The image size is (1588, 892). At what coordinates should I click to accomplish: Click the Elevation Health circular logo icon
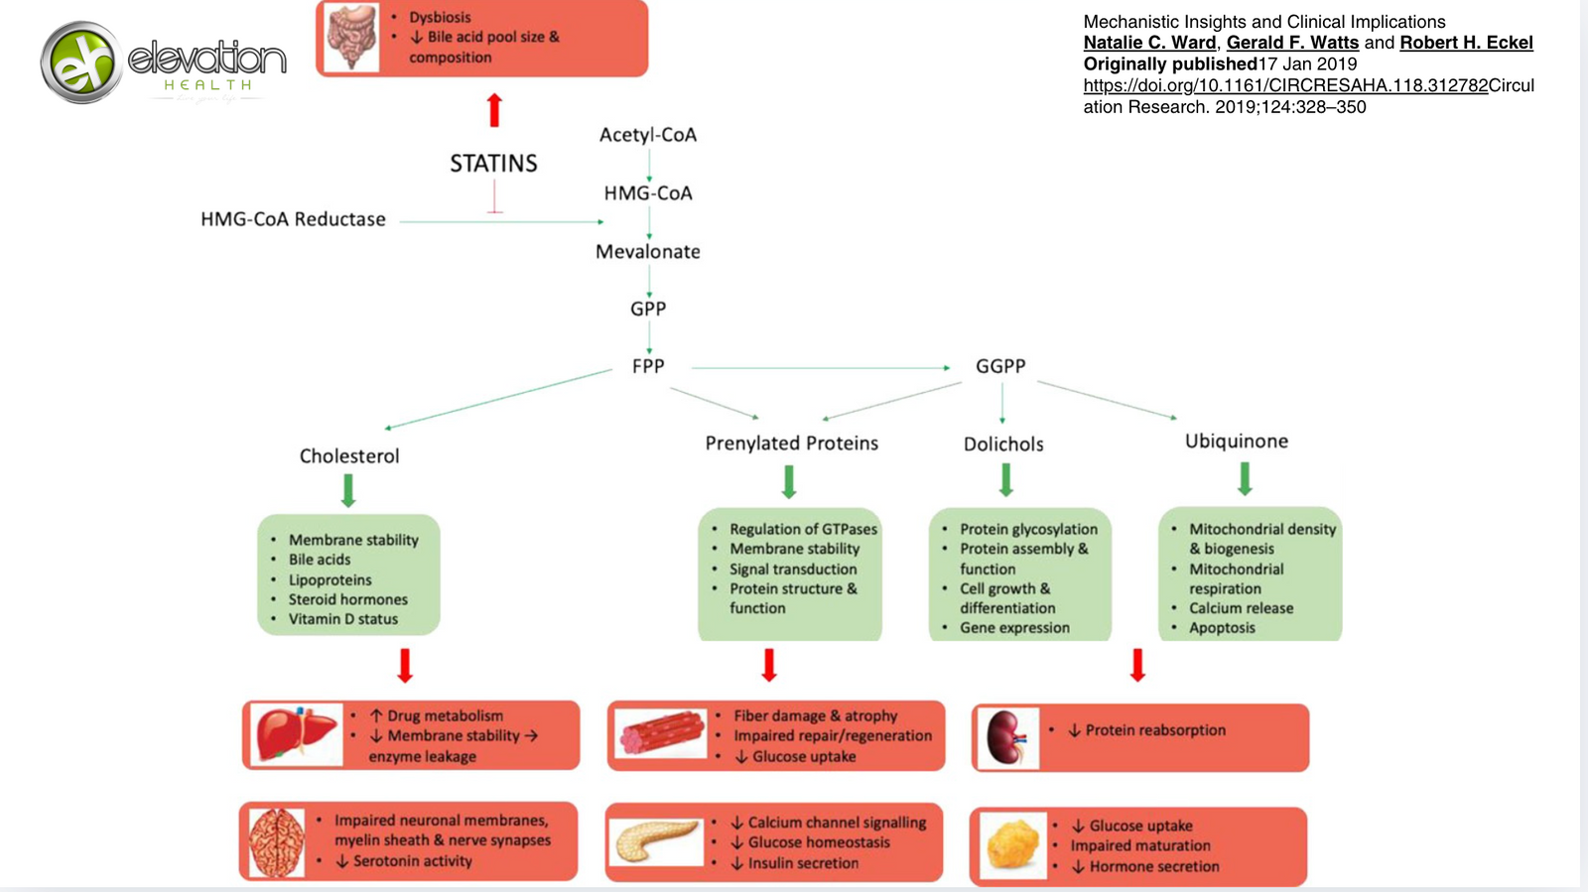tap(82, 63)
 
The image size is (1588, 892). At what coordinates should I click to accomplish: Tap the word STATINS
tap(493, 164)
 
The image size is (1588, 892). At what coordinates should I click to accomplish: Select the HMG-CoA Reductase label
tap(293, 219)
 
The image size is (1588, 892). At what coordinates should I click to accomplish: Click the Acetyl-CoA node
tap(648, 135)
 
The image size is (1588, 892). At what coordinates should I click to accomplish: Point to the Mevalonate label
tap(648, 252)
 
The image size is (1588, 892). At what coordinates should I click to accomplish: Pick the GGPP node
tap(1000, 366)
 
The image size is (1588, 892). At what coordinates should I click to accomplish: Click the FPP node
tap(648, 366)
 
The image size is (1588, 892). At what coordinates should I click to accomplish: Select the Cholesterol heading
tap(349, 456)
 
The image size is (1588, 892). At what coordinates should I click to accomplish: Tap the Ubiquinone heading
tap(1237, 442)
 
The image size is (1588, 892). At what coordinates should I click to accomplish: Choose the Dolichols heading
tap(1003, 445)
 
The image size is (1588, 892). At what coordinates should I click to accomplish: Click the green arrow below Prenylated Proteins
tap(789, 481)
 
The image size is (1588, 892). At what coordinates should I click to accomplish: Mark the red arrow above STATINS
tap(494, 110)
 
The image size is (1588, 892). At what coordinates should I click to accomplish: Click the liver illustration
tap(296, 735)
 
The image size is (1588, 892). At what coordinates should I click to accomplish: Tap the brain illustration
tap(276, 842)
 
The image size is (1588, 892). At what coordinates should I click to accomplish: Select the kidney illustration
tap(1006, 738)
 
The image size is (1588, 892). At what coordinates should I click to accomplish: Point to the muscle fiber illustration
tap(661, 735)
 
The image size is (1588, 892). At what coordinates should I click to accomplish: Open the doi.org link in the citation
tap(1285, 85)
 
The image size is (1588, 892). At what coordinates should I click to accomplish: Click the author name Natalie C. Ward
tap(1149, 43)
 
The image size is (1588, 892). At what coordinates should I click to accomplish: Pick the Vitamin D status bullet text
tap(343, 619)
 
